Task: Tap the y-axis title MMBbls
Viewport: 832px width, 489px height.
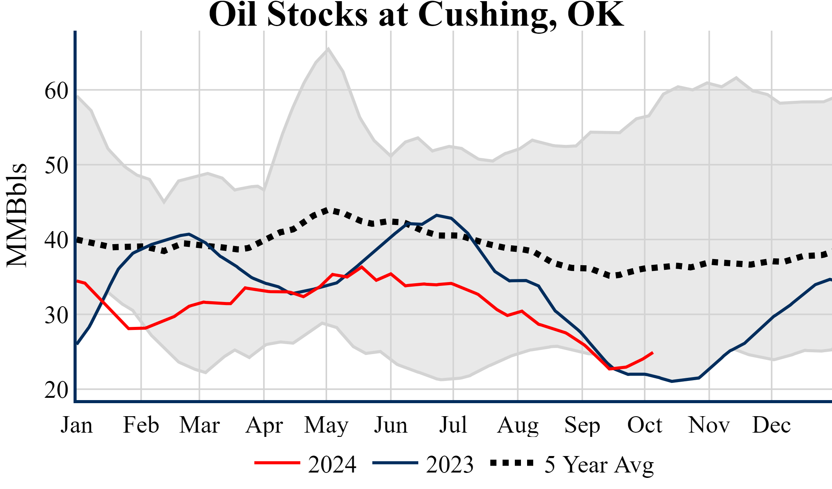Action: coord(17,215)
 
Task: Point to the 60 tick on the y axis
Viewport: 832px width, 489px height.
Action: coord(56,91)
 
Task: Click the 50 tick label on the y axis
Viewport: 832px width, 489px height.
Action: coord(56,166)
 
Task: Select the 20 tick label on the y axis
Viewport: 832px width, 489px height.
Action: coord(56,391)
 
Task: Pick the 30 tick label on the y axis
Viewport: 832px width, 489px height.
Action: coord(56,316)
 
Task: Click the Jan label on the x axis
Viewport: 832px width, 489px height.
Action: coord(77,425)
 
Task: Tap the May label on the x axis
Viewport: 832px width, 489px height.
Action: coord(326,425)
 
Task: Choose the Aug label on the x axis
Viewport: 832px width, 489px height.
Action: coord(518,425)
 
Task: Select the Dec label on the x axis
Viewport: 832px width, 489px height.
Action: coord(771,425)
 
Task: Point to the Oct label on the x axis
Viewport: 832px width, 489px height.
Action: coord(645,425)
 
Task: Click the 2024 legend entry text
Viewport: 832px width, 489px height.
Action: coord(332,464)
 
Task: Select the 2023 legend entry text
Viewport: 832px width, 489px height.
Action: coord(450,464)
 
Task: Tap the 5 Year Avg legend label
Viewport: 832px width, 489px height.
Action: coord(599,464)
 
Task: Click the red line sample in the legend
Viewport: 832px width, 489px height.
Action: coord(277,463)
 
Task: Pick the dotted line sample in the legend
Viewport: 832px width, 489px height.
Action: coord(512,463)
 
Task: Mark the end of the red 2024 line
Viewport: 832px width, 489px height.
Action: coord(652,353)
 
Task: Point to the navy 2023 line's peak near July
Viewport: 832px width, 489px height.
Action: coord(437,215)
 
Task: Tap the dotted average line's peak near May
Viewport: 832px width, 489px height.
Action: coord(326,210)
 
